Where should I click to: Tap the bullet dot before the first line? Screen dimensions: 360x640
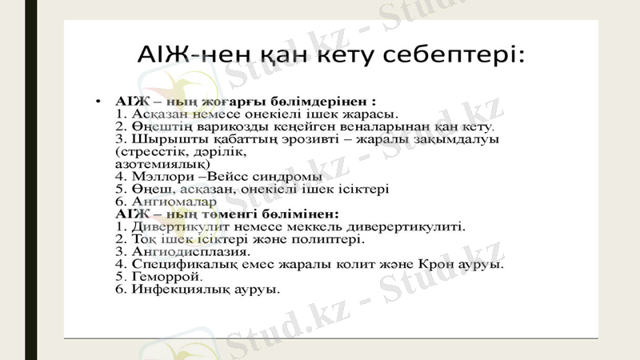pos(98,102)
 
